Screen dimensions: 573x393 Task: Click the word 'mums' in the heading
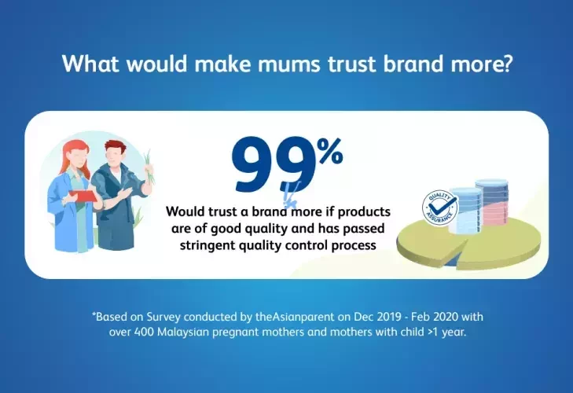pyautogui.click(x=288, y=64)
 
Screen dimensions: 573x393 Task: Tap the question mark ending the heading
pyautogui.click(x=505, y=63)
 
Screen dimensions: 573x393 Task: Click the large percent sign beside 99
pyautogui.click(x=329, y=151)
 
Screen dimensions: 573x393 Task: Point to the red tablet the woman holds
pyautogui.click(x=83, y=196)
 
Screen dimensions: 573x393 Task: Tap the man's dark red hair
pyautogui.click(x=116, y=148)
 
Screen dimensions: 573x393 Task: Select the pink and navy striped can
pyautogui.click(x=491, y=204)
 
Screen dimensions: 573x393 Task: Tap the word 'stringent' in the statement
pyautogui.click(x=208, y=245)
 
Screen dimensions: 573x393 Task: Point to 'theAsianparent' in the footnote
pyautogui.click(x=295, y=316)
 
